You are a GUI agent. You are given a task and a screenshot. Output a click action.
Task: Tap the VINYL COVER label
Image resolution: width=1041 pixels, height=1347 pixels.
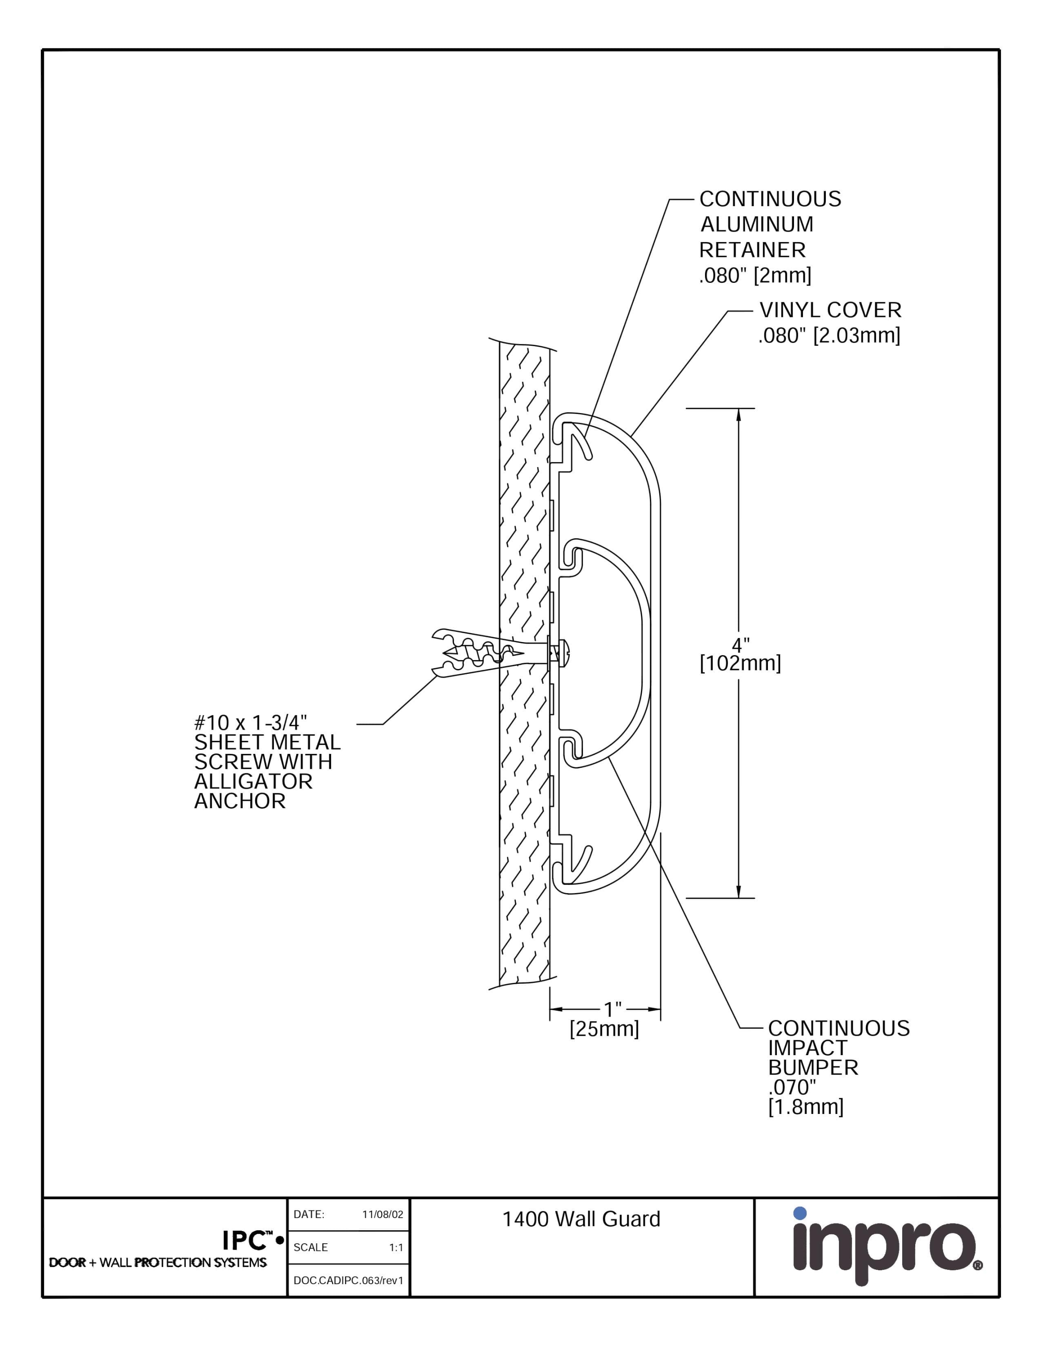pyautogui.click(x=830, y=310)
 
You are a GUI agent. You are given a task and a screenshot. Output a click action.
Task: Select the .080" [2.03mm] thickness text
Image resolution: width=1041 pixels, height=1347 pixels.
pyautogui.click(x=829, y=335)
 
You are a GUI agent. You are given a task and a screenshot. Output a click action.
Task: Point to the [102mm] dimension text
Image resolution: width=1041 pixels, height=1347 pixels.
pyautogui.click(x=740, y=664)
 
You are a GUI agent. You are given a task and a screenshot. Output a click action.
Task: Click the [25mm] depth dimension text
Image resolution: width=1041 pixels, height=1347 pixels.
pyautogui.click(x=604, y=1029)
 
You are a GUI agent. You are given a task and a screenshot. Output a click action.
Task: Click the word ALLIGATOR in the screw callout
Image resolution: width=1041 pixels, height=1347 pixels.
pyautogui.click(x=253, y=781)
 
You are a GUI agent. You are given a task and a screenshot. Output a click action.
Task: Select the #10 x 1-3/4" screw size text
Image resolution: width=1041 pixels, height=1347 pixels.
pyautogui.click(x=251, y=722)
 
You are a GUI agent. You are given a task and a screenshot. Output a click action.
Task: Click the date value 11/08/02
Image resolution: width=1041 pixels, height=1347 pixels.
pyautogui.click(x=382, y=1215)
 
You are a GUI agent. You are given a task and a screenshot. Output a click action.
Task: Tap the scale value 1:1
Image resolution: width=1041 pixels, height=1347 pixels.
pyautogui.click(x=396, y=1248)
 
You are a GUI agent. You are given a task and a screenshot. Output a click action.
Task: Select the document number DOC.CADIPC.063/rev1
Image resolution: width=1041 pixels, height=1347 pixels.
pyautogui.click(x=348, y=1281)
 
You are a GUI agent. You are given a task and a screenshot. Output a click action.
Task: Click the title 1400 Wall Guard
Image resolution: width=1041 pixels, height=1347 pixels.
pyautogui.click(x=581, y=1219)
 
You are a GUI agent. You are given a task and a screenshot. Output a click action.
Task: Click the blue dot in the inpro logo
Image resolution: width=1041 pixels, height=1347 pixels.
pyautogui.click(x=800, y=1213)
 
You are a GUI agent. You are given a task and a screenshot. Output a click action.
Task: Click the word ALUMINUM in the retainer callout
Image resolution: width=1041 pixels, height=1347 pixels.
pyautogui.click(x=757, y=224)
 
